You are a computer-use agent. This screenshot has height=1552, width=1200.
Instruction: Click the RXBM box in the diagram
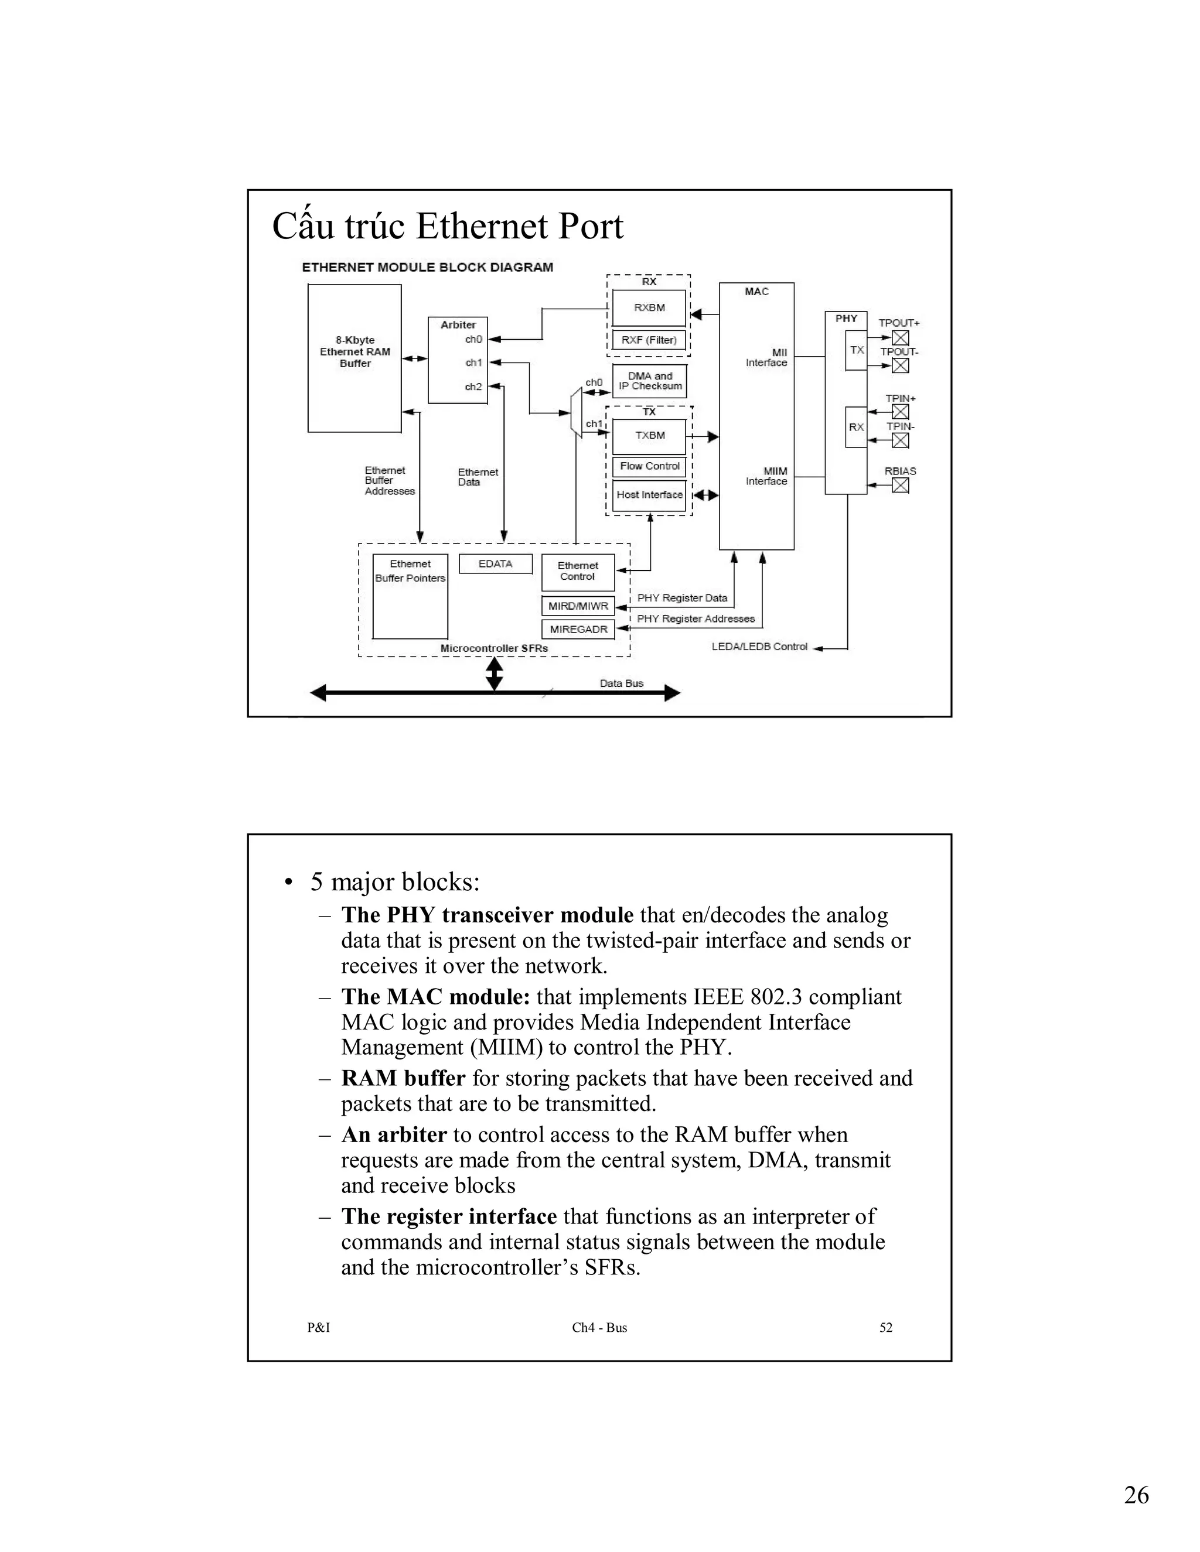(x=649, y=307)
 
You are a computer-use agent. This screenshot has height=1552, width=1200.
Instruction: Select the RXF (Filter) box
(x=649, y=340)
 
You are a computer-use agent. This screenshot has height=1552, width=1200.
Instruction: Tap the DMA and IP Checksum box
(x=650, y=381)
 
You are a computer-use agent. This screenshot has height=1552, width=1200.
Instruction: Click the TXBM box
(x=649, y=436)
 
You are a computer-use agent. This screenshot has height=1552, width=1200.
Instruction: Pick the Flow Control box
(x=649, y=466)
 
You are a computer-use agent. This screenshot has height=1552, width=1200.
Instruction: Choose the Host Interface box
(x=649, y=495)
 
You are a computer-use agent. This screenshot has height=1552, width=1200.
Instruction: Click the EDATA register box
(x=496, y=563)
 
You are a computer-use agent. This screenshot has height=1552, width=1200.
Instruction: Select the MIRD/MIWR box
(x=578, y=606)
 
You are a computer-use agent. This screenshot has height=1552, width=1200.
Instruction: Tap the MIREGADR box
(x=578, y=629)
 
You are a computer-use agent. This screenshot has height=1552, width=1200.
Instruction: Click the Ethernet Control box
(x=577, y=572)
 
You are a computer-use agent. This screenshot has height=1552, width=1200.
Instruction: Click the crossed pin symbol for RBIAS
(x=900, y=486)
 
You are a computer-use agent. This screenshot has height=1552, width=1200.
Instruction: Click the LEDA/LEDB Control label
(x=759, y=647)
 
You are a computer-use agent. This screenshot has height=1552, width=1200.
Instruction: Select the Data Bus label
(x=621, y=683)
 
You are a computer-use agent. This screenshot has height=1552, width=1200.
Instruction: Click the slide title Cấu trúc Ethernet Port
(x=448, y=227)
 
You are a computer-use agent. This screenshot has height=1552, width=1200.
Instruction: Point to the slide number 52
(x=886, y=1328)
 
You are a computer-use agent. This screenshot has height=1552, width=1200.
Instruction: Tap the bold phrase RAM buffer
(x=403, y=1078)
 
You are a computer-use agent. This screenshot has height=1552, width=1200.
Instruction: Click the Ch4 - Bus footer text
(x=599, y=1328)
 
